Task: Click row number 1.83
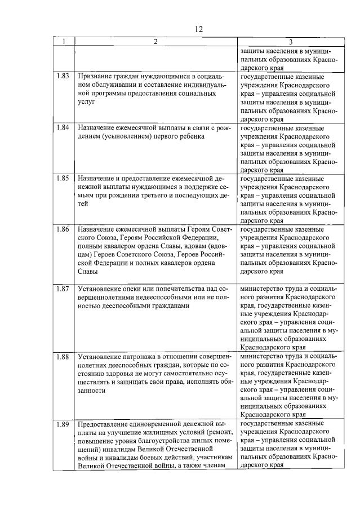[63, 76]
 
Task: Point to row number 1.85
[63, 179]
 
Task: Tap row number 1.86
[63, 230]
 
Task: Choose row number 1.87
[63, 289]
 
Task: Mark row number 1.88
[63, 356]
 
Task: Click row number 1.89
[63, 423]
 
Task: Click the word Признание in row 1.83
[96, 76]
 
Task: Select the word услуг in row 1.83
[87, 103]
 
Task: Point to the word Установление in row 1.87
[102, 289]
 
